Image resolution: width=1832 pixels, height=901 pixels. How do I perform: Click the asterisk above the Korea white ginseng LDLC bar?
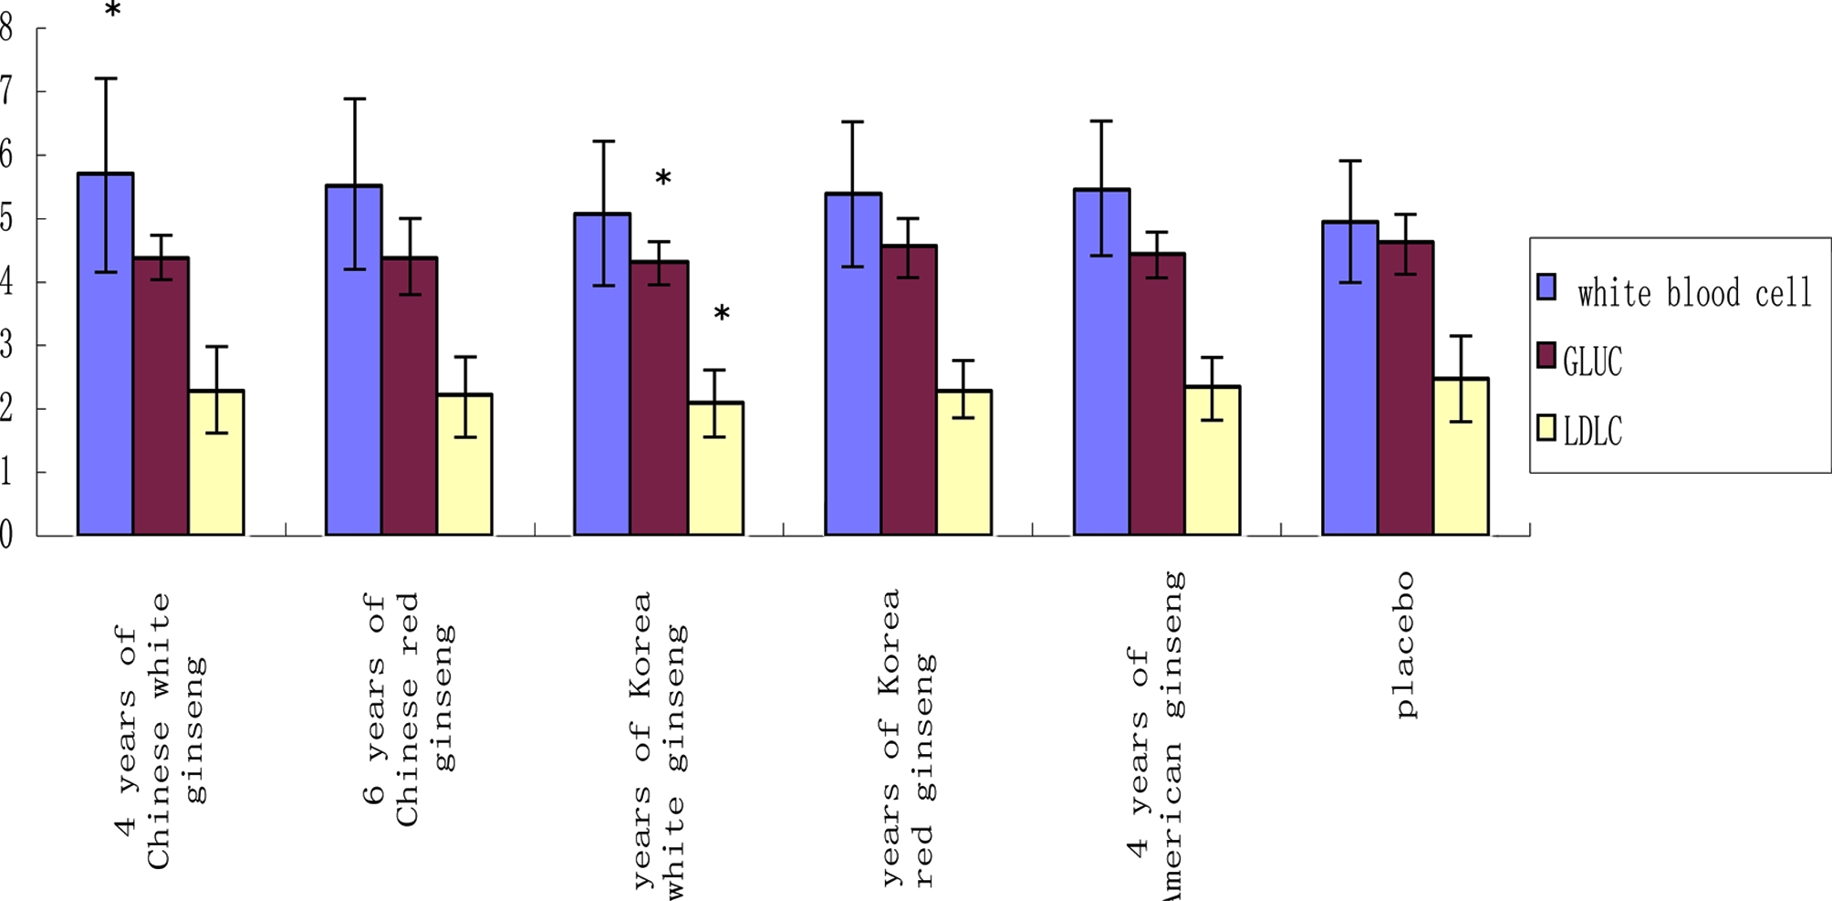[x=721, y=314]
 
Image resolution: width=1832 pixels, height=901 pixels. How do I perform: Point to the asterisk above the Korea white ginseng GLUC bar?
[x=663, y=178]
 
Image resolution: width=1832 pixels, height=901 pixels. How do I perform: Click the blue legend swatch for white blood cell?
[x=1546, y=287]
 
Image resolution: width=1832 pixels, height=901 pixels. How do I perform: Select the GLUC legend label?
[x=1592, y=361]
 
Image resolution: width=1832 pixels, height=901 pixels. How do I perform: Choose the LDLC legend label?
[x=1592, y=431]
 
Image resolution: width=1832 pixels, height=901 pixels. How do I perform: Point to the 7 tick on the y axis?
[x=6, y=91]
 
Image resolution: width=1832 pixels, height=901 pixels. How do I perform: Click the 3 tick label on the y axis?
[x=6, y=345]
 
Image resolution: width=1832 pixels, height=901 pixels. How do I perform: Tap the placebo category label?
[x=1405, y=644]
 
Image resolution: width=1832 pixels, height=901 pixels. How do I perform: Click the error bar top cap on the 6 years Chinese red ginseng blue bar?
[x=354, y=99]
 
